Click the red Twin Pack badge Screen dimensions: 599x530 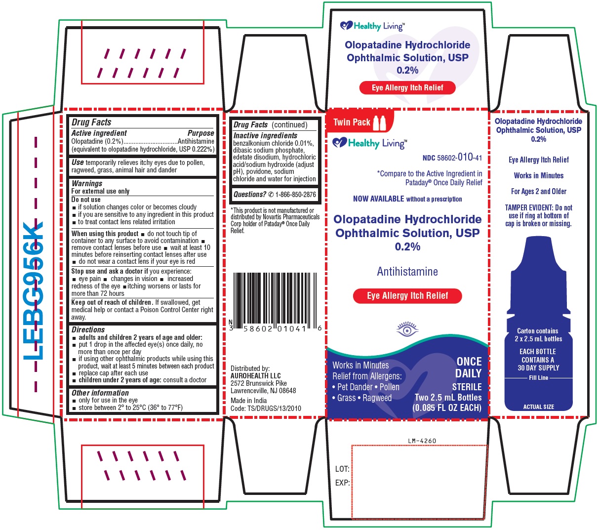pyautogui.click(x=359, y=122)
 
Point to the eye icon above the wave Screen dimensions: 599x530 pyautogui.click(x=407, y=329)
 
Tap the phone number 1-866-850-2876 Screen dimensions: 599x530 pyautogui.click(x=295, y=194)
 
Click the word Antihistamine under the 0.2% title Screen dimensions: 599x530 pyautogui.click(x=407, y=272)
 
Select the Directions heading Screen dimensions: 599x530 pyautogui.click(x=88, y=329)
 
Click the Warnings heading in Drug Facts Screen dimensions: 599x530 pyautogui.click(x=87, y=183)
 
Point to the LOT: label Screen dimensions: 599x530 pyautogui.click(x=342, y=469)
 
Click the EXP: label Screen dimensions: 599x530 pyautogui.click(x=342, y=483)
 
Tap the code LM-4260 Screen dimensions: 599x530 pyautogui.click(x=422, y=441)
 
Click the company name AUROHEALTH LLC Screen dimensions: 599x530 pyautogui.click(x=255, y=375)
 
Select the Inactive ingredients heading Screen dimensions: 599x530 pyautogui.click(x=265, y=135)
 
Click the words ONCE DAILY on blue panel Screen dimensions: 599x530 pyautogui.click(x=469, y=367)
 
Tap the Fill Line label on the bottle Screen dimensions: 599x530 pyautogui.click(x=539, y=378)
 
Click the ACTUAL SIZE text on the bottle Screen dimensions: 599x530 pyautogui.click(x=539, y=407)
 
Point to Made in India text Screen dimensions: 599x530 pyautogui.click(x=248, y=401)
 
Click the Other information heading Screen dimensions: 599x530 pyautogui.click(x=100, y=393)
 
